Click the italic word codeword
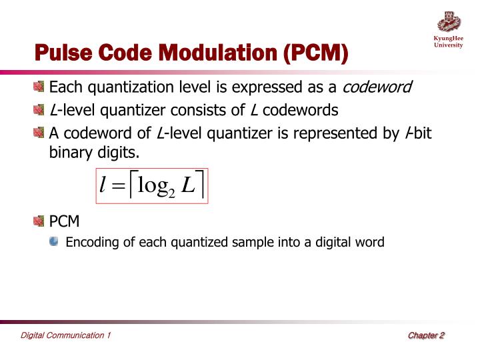click(377, 87)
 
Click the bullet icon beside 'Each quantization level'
click(40, 87)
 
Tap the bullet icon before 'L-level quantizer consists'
click(40, 110)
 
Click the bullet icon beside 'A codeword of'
click(40, 133)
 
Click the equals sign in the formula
click(119, 186)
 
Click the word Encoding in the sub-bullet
click(92, 243)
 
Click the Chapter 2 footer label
click(426, 335)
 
